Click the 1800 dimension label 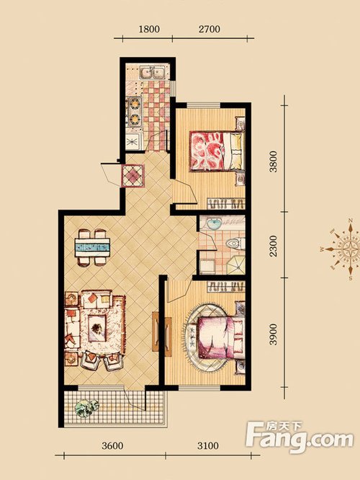pos(149,29)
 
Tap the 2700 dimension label pos(210,29)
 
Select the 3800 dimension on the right pos(274,161)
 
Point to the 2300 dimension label pos(274,246)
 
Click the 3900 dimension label pos(274,334)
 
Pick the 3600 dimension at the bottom pos(112,445)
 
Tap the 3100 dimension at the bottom pos(208,445)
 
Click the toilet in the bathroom pos(235,244)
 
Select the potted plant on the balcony pos(87,407)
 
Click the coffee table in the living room pos(97,328)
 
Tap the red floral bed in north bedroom pos(217,151)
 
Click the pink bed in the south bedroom pos(221,337)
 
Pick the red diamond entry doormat pos(132,176)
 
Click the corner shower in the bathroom pos(236,265)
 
